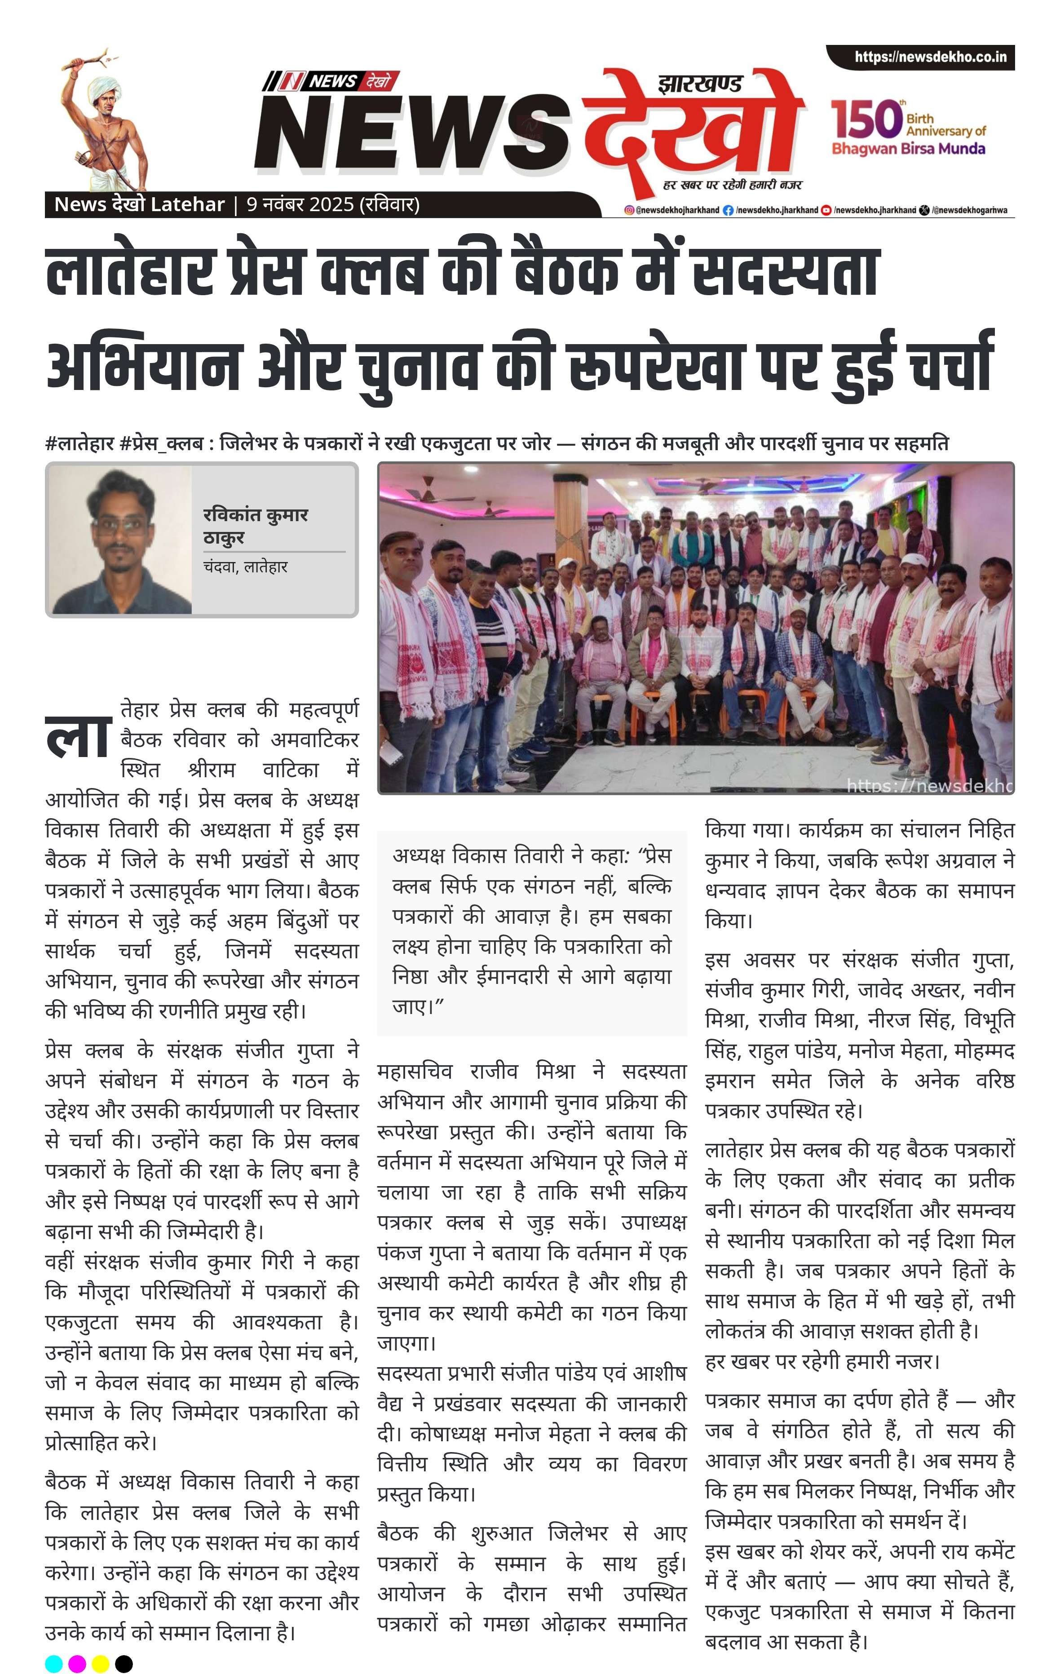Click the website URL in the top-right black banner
coord(930,57)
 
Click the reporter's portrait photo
coord(119,540)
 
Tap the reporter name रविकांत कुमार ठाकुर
coord(255,526)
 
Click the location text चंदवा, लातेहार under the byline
coord(245,567)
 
